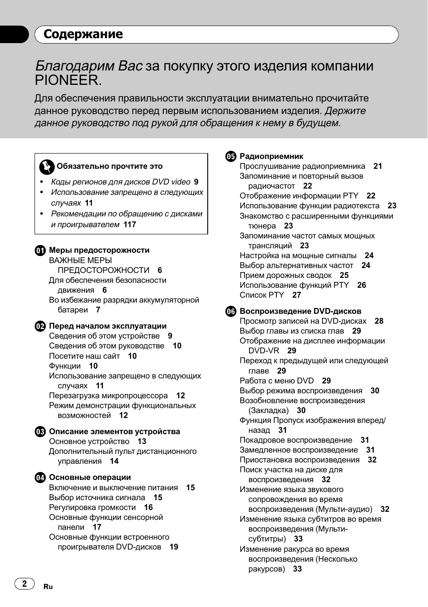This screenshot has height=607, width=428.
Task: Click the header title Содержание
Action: tap(83, 34)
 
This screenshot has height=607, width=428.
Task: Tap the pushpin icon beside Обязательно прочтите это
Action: tap(46, 167)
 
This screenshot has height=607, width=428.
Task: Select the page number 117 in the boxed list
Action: tap(130, 224)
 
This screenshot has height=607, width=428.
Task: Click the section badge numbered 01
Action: tap(40, 251)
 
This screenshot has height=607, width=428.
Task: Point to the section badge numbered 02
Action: tap(40, 326)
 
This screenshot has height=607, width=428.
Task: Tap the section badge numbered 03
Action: tap(40, 432)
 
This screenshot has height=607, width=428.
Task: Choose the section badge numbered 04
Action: tap(40, 478)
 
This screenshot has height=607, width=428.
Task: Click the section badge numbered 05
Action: tap(231, 157)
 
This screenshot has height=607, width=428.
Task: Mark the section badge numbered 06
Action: tap(231, 312)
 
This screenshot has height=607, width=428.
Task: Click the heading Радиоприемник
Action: tap(271, 157)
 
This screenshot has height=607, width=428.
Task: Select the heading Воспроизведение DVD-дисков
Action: tap(300, 311)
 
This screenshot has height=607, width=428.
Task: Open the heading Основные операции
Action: tap(90, 477)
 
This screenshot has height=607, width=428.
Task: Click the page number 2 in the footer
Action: tap(25, 584)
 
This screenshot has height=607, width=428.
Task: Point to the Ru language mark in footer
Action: tap(48, 587)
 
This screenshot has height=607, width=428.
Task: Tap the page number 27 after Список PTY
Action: tap(297, 295)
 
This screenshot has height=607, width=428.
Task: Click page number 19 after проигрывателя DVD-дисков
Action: tap(174, 547)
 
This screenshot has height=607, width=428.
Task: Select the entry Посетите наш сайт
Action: tap(84, 356)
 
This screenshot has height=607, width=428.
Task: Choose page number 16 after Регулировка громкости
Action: tap(148, 507)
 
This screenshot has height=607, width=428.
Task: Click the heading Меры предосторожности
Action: tap(99, 250)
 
